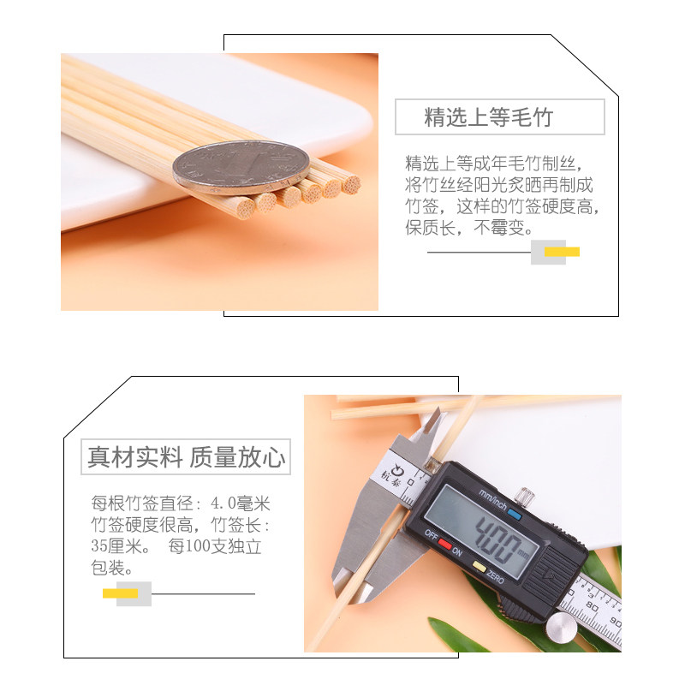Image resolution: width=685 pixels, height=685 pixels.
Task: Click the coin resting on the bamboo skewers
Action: (241, 164)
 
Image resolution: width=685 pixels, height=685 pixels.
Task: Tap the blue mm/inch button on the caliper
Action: (514, 515)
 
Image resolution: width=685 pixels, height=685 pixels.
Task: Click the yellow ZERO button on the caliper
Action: (479, 567)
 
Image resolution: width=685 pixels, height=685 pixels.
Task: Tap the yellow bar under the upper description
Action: (562, 252)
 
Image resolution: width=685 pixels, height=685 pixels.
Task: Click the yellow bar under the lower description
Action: (121, 593)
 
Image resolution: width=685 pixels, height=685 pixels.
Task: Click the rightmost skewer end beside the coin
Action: (350, 183)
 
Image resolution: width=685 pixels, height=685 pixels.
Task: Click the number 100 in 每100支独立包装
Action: (201, 546)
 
